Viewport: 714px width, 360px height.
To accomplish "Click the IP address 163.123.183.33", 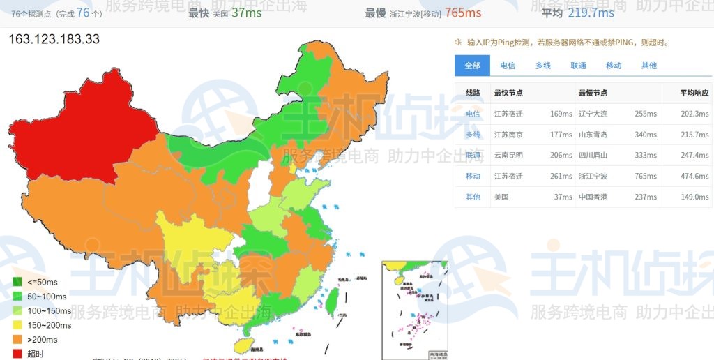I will (x=54, y=39).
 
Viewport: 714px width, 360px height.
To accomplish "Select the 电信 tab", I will (x=508, y=66).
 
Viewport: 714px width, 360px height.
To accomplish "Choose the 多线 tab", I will (x=543, y=66).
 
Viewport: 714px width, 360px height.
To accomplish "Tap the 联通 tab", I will (x=578, y=66).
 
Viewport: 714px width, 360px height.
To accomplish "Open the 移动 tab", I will (x=614, y=66).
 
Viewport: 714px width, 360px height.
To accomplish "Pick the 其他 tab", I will (x=648, y=66).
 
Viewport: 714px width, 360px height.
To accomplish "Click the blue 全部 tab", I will (x=472, y=66).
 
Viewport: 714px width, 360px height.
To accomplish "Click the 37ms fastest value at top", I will (x=247, y=13).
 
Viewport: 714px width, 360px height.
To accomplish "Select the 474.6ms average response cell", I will (x=694, y=177).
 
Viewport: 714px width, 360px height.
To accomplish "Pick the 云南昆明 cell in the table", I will (x=508, y=156).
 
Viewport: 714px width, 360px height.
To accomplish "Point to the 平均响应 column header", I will (x=694, y=93).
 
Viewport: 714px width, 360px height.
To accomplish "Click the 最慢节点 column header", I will (x=592, y=93).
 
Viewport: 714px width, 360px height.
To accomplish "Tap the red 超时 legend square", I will (x=17, y=354).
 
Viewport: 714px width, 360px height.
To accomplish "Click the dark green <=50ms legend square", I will (x=17, y=282).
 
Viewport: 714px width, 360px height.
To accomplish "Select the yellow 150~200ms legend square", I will (x=17, y=325).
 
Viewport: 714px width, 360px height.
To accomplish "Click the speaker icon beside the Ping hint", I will (x=458, y=43).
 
